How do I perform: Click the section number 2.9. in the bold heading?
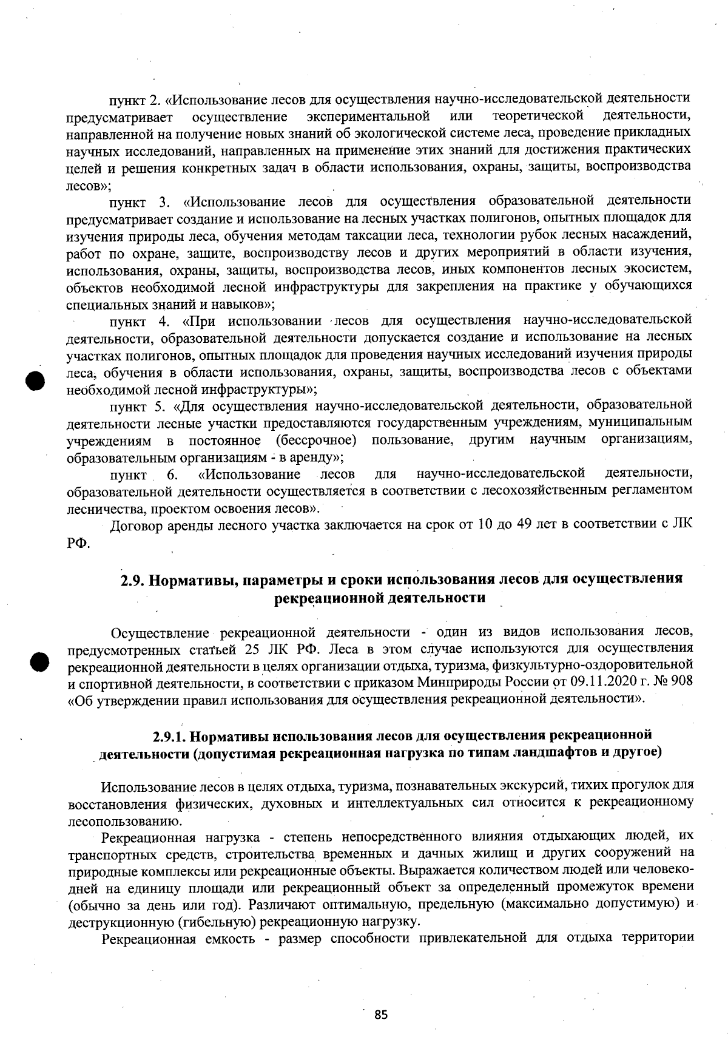[x=132, y=579]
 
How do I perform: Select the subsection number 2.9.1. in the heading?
[x=169, y=736]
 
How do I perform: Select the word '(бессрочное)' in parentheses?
[x=315, y=439]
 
